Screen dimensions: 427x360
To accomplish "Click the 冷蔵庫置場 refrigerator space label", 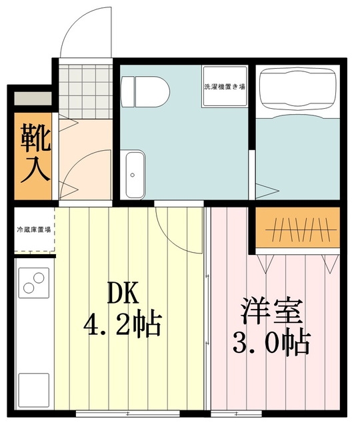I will pos(34,230).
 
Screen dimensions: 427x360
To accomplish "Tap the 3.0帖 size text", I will pos(271,344).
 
